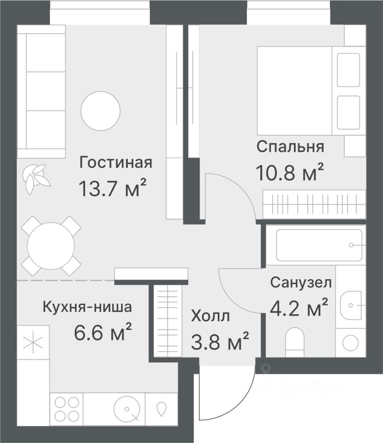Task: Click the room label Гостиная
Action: point(116,163)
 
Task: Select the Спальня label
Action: point(290,147)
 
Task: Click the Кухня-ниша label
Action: point(87,307)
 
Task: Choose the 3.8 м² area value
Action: point(220,341)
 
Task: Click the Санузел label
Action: point(301,282)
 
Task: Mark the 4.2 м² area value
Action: point(299,307)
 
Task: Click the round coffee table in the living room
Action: point(101,111)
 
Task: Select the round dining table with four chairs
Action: point(51,246)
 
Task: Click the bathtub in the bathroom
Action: point(319,245)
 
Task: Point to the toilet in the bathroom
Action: point(294,342)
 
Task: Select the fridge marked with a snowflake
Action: point(33,342)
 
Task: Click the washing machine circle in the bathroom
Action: point(351,343)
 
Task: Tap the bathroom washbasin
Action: point(351,305)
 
